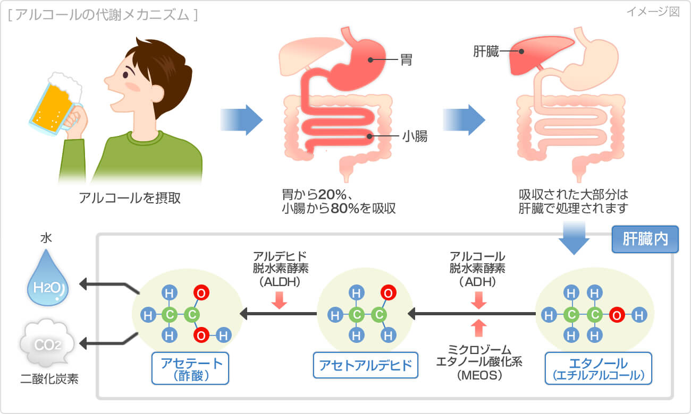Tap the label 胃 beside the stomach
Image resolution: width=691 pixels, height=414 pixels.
click(x=407, y=61)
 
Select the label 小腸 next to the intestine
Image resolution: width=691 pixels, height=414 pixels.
click(x=414, y=137)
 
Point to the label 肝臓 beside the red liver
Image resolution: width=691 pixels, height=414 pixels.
click(x=486, y=51)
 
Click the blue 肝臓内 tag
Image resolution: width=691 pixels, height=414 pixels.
click(x=645, y=240)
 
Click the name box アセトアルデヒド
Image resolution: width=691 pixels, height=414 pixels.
click(x=365, y=365)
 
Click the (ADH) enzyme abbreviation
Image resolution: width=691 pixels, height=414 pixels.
click(x=477, y=282)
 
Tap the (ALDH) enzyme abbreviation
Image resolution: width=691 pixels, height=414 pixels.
click(x=280, y=282)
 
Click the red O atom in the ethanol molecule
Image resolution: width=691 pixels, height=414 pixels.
click(x=617, y=315)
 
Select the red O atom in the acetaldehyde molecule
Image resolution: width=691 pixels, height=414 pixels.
click(x=389, y=293)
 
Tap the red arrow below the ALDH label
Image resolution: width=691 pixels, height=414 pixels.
click(x=279, y=301)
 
